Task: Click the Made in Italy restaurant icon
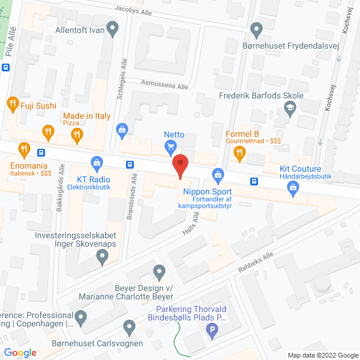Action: click(x=76, y=135)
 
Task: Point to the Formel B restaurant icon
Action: click(x=239, y=153)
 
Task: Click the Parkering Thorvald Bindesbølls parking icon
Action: click(x=211, y=329)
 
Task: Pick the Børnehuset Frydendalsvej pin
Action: click(x=257, y=28)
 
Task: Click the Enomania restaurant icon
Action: click(x=24, y=149)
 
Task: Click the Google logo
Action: click(x=20, y=353)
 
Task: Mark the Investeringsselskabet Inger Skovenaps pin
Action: click(x=102, y=258)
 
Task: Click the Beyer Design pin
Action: click(x=159, y=273)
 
